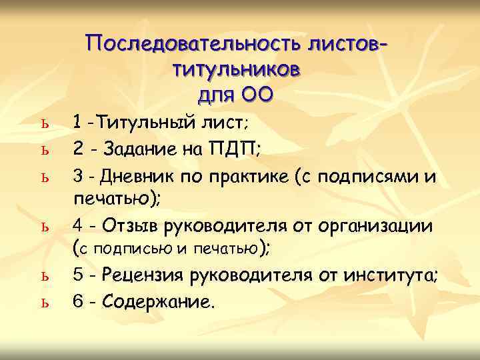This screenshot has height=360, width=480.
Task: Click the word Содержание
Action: [161, 302]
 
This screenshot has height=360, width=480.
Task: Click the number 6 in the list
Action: [78, 302]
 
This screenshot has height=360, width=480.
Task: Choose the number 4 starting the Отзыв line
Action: [78, 227]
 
